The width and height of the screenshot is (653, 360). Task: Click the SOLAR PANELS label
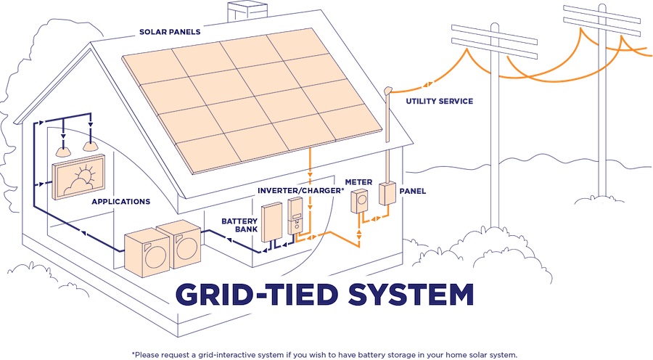tap(170, 32)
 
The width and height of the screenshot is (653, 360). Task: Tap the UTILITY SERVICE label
tap(440, 101)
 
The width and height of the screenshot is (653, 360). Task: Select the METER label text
tap(358, 182)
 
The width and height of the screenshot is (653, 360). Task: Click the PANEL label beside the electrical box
tap(413, 191)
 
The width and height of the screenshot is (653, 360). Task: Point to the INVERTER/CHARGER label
tap(300, 190)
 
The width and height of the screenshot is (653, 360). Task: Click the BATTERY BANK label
tap(239, 225)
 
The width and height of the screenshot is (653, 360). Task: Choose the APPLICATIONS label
tap(120, 201)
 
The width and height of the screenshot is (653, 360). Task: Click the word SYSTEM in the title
tap(411, 294)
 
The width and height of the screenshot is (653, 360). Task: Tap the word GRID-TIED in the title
tap(257, 294)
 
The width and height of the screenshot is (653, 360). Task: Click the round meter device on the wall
tap(359, 201)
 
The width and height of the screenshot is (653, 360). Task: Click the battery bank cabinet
tap(271, 221)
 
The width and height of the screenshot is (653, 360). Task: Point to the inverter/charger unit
tap(295, 216)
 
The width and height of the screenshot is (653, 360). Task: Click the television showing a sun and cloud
tap(78, 176)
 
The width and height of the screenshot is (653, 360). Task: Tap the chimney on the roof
tap(247, 12)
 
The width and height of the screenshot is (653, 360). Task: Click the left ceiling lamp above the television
tap(63, 152)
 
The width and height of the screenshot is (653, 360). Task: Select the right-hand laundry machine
tap(180, 244)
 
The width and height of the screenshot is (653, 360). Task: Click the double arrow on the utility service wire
tap(427, 85)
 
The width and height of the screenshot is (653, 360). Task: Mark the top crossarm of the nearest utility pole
tap(494, 33)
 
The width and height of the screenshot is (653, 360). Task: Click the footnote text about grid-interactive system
tap(324, 355)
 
